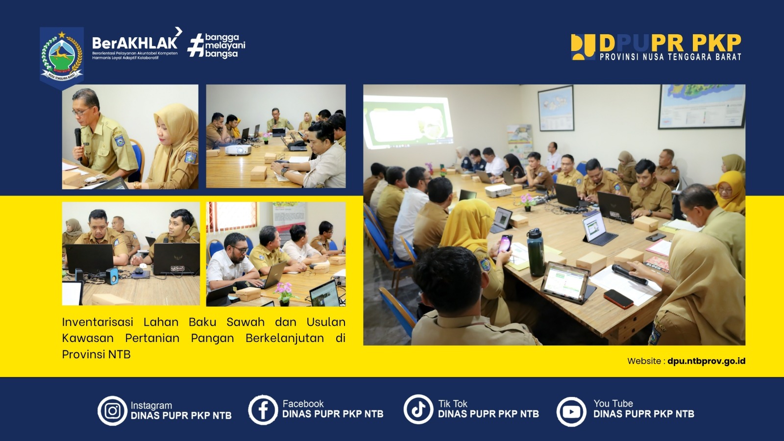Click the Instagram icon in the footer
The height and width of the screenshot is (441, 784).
112,411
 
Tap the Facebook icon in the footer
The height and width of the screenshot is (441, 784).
263,410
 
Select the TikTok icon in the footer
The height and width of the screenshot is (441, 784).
418,409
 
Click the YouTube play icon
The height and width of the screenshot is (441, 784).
571,411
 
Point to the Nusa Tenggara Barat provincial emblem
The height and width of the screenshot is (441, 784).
62,56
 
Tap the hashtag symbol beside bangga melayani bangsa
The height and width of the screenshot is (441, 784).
196,45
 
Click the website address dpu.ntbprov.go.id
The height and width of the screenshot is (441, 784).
706,361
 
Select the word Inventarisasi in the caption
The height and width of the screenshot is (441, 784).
98,322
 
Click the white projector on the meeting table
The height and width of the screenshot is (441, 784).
498,191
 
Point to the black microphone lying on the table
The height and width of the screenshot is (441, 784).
630,274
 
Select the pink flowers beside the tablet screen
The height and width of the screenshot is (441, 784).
284,292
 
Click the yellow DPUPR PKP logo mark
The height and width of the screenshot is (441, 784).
583,47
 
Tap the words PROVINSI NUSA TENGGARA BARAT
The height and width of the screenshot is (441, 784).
670,57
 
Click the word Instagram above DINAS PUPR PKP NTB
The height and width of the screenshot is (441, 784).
151,405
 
